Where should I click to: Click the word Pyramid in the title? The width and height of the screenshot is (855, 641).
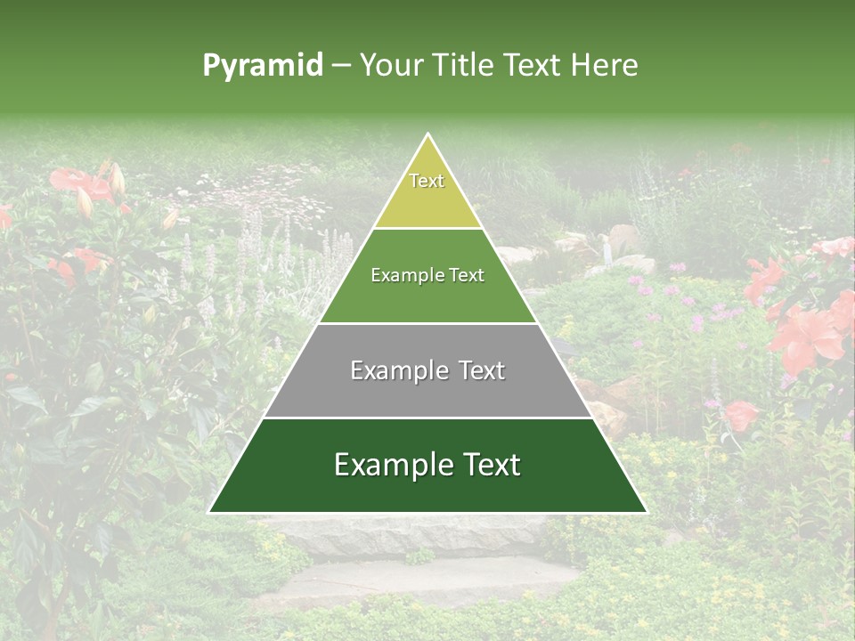tap(262, 66)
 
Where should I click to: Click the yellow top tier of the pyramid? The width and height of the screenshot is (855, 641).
tap(427, 200)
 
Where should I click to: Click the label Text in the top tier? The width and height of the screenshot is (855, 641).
tap(427, 181)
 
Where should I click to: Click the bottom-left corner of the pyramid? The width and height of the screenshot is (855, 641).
tap(209, 512)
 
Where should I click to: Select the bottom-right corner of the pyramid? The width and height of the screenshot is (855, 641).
tap(647, 512)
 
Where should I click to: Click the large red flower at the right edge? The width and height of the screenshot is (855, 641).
tap(806, 334)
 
